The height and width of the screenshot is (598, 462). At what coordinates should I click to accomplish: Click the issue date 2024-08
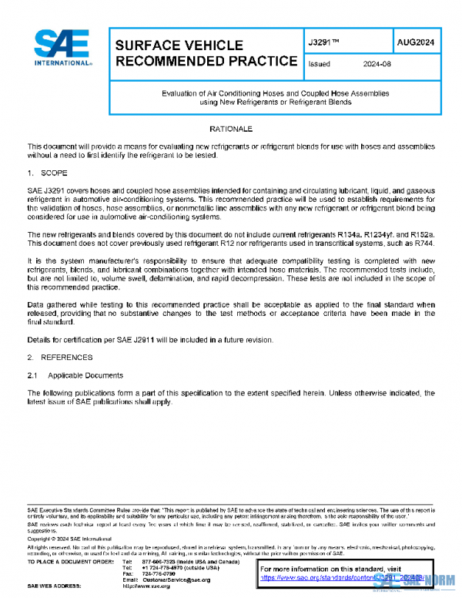(x=377, y=65)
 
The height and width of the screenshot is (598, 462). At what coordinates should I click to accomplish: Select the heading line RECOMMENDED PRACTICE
(x=206, y=62)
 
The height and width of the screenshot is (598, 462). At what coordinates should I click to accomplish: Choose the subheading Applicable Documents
(x=85, y=375)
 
